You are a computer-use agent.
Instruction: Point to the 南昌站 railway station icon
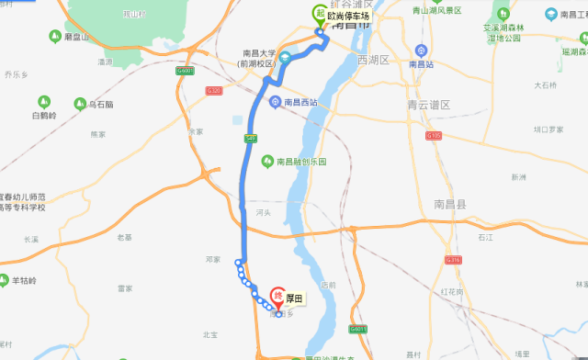[422, 51]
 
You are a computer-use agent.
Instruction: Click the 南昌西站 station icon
[275, 101]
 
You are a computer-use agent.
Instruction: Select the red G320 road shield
[214, 90]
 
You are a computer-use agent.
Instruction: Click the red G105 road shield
[435, 135]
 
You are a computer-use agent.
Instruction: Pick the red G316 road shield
[452, 260]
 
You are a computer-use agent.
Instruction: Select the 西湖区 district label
[375, 60]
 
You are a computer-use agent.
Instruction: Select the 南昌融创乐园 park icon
[267, 161]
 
